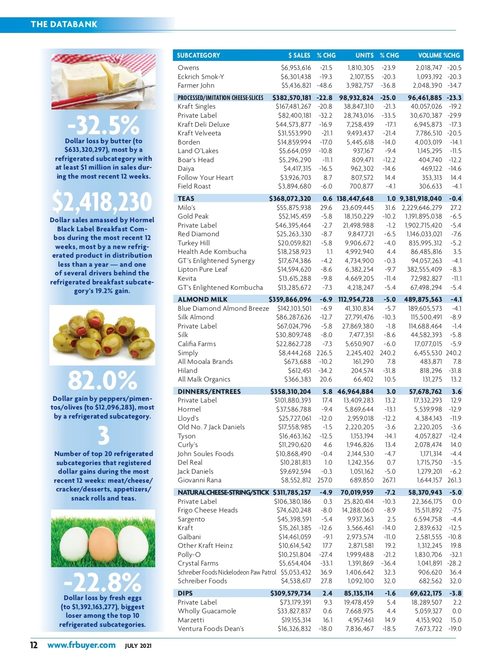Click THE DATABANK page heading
(x=64, y=24)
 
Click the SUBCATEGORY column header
(x=198, y=55)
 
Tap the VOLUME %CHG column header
(x=439, y=55)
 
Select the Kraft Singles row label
(x=196, y=107)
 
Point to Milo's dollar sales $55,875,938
(x=294, y=207)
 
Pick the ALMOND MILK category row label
(x=203, y=299)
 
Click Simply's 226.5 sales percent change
(x=324, y=353)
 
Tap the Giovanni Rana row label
(x=199, y=480)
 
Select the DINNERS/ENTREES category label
(x=209, y=391)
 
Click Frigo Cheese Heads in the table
(x=207, y=510)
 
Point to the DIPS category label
(x=185, y=593)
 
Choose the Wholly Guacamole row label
(x=207, y=611)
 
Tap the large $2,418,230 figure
(x=102, y=202)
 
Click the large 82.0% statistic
(x=102, y=380)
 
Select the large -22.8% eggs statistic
(x=103, y=582)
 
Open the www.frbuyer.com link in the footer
(x=82, y=645)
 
